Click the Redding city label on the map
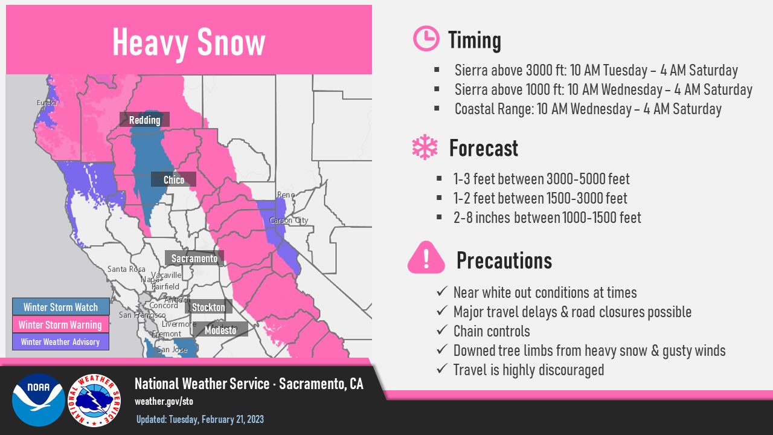coord(144,120)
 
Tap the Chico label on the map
coord(173,179)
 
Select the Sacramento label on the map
coord(194,258)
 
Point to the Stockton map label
coord(208,307)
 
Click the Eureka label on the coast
coord(47,103)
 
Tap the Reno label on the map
coord(286,195)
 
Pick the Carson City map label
coord(289,221)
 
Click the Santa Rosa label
coord(126,269)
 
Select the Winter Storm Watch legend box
coord(61,306)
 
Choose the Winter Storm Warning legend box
coord(61,324)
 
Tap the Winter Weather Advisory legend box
coord(61,342)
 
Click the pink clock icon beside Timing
coord(426,38)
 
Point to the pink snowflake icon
coord(425,147)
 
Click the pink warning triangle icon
coord(426,257)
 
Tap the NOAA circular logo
coord(39,400)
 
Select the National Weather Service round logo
coord(94,401)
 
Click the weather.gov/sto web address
coord(164,401)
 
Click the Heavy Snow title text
coord(189,43)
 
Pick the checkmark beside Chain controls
coord(442,330)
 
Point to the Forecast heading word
coord(484,148)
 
